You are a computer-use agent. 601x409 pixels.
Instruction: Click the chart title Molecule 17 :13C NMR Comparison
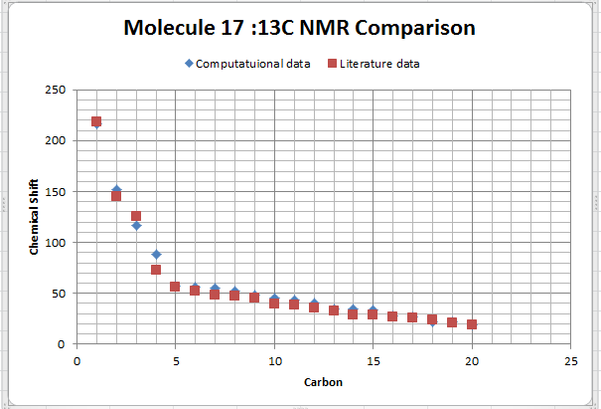[x=299, y=27]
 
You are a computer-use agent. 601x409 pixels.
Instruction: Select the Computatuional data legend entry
[x=247, y=64]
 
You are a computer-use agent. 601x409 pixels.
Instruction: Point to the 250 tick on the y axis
[x=56, y=91]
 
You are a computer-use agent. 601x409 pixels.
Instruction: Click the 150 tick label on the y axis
[x=56, y=192]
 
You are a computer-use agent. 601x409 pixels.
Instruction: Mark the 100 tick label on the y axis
[x=56, y=243]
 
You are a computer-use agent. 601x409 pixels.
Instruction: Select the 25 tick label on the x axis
[x=570, y=359]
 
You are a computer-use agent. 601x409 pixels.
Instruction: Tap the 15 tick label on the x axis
[x=373, y=359]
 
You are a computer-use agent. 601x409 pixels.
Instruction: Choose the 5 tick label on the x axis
[x=175, y=359]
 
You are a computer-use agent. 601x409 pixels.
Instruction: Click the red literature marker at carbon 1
[x=96, y=121]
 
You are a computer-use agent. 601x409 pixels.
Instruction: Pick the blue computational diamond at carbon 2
[x=116, y=189]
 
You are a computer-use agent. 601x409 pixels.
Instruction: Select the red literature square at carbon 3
[x=136, y=216]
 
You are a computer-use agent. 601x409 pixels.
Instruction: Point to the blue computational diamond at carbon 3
[x=136, y=226]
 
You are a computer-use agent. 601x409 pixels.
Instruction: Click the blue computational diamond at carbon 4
[x=156, y=255]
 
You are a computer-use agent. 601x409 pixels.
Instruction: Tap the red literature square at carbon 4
[x=156, y=270]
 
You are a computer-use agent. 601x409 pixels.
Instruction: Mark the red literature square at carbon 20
[x=472, y=324]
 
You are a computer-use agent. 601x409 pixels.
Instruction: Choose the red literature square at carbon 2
[x=116, y=196]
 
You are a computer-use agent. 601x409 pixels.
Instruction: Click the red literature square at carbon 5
[x=175, y=287]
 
